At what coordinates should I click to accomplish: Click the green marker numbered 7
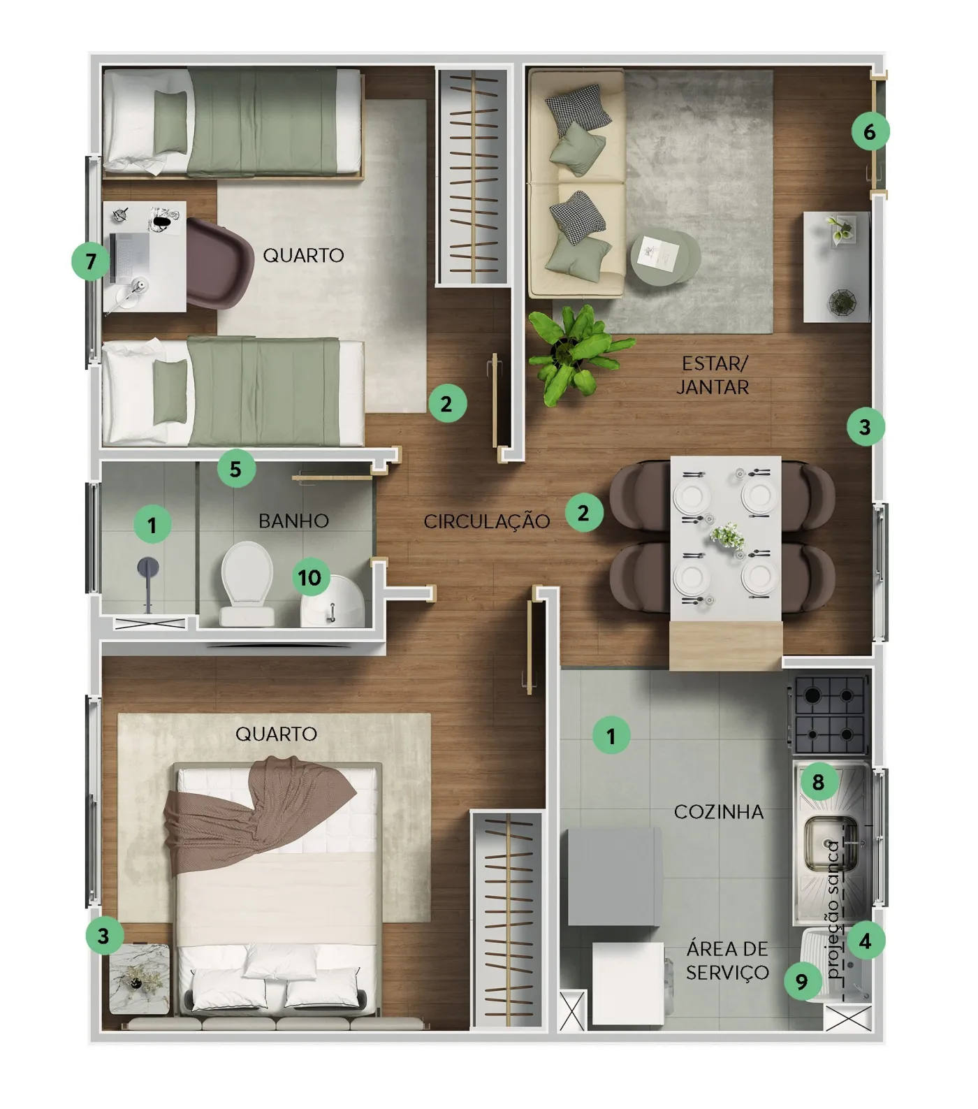pyautogui.click(x=91, y=261)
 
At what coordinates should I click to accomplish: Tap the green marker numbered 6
pyautogui.click(x=870, y=131)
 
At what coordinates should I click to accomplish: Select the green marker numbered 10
pyautogui.click(x=310, y=577)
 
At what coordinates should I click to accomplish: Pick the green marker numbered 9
pyautogui.click(x=802, y=982)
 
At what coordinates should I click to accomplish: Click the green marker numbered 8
pyautogui.click(x=818, y=782)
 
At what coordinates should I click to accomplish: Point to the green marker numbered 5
pyautogui.click(x=236, y=469)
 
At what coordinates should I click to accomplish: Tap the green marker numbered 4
pyautogui.click(x=866, y=941)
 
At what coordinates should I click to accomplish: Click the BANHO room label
pyautogui.click(x=293, y=521)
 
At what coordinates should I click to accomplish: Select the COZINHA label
pyautogui.click(x=719, y=811)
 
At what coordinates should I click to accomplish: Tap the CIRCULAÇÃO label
pyautogui.click(x=487, y=521)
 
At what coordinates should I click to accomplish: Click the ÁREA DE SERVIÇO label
pyautogui.click(x=727, y=960)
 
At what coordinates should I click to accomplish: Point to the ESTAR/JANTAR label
pyautogui.click(x=713, y=375)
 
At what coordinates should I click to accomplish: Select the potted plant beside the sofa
pyautogui.click(x=576, y=352)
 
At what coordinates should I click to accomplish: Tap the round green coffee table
pyautogui.click(x=665, y=256)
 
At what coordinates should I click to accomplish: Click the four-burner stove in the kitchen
pyautogui.click(x=829, y=714)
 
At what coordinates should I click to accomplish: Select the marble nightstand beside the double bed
pyautogui.click(x=140, y=978)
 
